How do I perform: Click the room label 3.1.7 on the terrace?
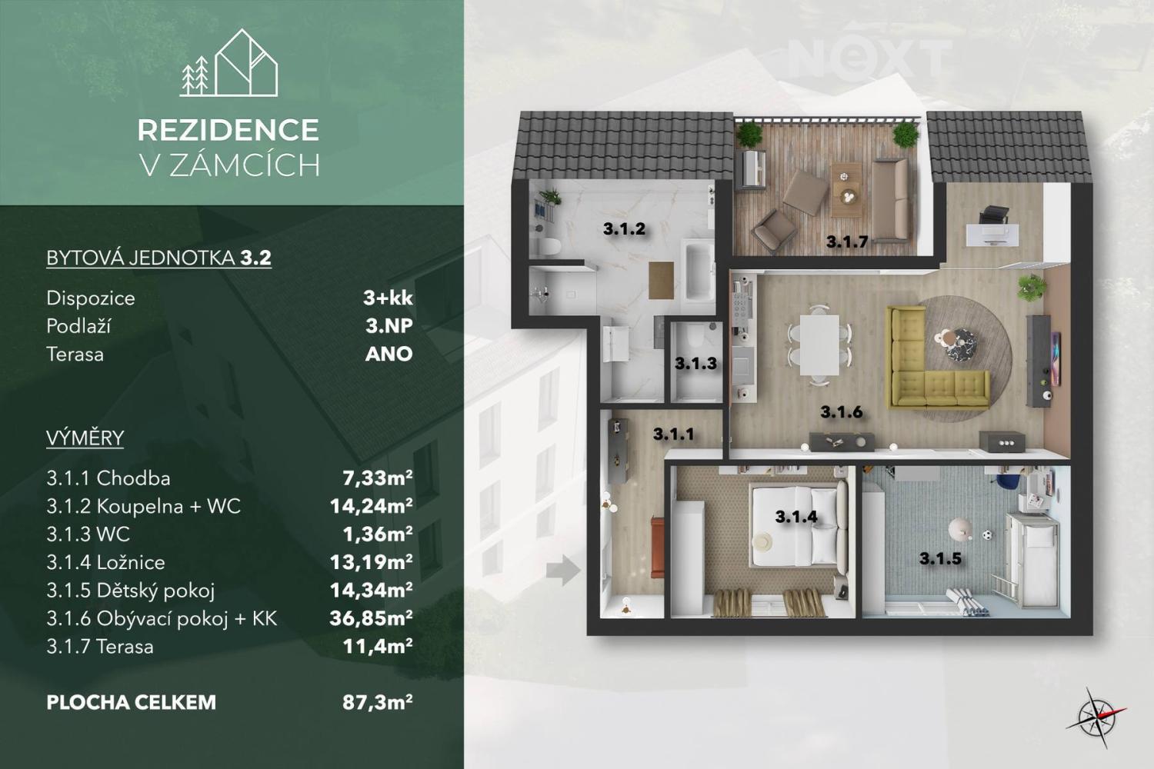pyautogui.click(x=848, y=241)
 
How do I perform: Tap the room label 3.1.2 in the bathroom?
pyautogui.click(x=624, y=228)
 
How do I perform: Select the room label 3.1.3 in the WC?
pyautogui.click(x=695, y=364)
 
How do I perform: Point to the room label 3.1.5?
pyautogui.click(x=941, y=558)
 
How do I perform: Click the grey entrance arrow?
pyautogui.click(x=563, y=570)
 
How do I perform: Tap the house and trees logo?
pyautogui.click(x=228, y=63)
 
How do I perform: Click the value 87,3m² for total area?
pyautogui.click(x=378, y=703)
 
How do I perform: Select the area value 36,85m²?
pyautogui.click(x=371, y=618)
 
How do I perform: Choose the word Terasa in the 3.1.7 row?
pyautogui.click(x=125, y=647)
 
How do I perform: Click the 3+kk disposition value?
pyautogui.click(x=388, y=298)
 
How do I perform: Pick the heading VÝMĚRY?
pyautogui.click(x=85, y=438)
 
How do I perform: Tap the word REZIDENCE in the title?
pyautogui.click(x=228, y=130)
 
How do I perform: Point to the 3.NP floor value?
pyautogui.click(x=389, y=326)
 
